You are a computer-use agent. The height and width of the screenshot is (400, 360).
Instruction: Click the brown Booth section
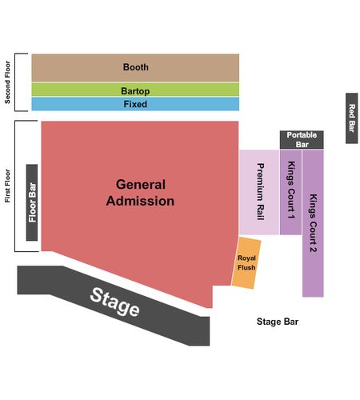click(x=135, y=68)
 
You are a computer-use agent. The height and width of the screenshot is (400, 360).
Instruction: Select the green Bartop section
click(x=135, y=90)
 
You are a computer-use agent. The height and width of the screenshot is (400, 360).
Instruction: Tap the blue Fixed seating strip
click(x=135, y=104)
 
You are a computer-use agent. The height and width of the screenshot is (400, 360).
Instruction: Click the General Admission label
click(x=140, y=193)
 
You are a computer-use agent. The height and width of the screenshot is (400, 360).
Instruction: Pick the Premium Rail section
click(x=259, y=192)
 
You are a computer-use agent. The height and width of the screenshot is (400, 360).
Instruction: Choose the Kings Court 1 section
click(x=290, y=192)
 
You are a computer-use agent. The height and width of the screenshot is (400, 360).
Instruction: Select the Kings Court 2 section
click(x=313, y=223)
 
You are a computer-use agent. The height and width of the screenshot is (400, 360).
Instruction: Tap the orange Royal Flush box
click(x=246, y=263)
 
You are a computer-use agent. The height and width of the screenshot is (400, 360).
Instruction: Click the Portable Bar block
click(x=302, y=140)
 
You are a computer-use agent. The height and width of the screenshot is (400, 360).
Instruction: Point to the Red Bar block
click(x=352, y=118)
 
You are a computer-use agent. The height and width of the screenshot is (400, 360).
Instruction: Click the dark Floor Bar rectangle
click(x=32, y=202)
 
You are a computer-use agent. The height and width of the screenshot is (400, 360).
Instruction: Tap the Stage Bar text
click(x=278, y=322)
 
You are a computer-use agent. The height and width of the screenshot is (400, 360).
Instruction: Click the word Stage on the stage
click(x=114, y=302)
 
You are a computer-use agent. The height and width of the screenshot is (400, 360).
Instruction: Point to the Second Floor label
click(x=7, y=82)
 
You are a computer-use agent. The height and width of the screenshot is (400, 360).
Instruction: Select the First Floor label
click(x=7, y=186)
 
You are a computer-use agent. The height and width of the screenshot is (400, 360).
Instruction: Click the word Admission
click(x=140, y=201)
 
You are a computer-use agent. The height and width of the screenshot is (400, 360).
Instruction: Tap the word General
click(x=141, y=185)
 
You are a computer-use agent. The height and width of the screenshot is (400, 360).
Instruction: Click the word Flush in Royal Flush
click(x=246, y=267)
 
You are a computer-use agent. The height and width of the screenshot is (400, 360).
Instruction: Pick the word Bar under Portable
click(x=302, y=145)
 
